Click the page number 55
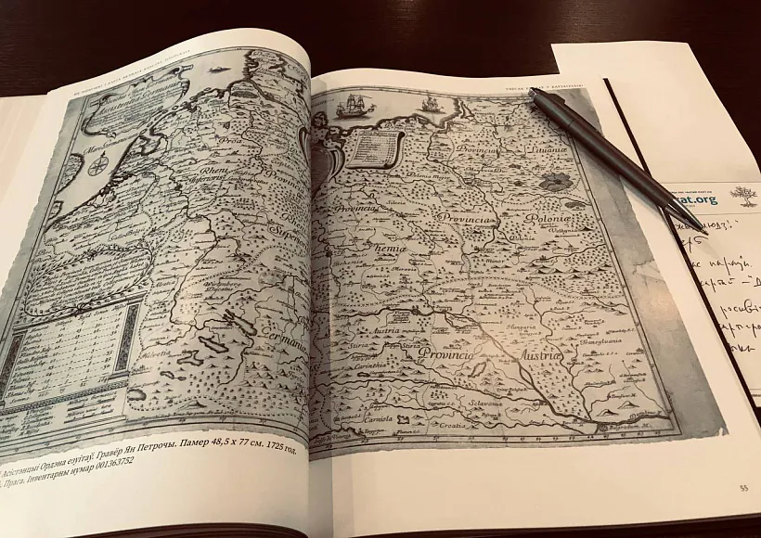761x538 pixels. pos(742,489)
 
